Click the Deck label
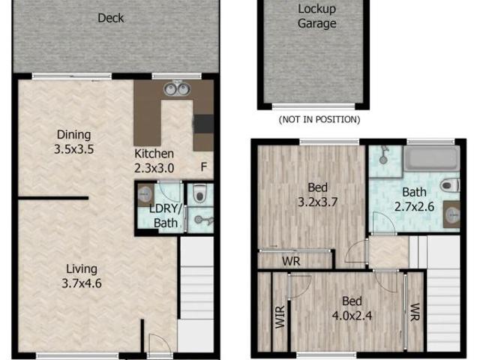111,18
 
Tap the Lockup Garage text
316,16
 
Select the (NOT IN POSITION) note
319,119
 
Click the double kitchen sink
176,89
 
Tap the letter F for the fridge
203,166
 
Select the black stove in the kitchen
203,123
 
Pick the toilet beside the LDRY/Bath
199,195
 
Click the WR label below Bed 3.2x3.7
291,262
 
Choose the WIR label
280,316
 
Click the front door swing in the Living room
159,344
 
